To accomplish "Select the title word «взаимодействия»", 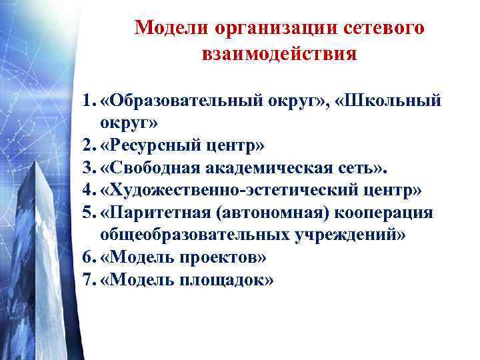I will pyautogui.click(x=279, y=54).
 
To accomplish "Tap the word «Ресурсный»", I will pyautogui.click(x=147, y=145).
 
